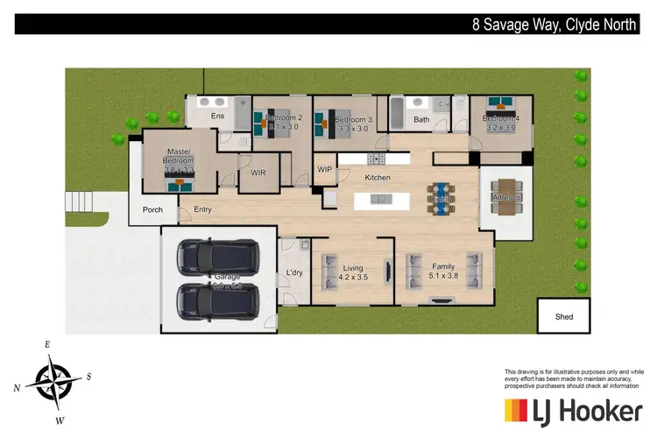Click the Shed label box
point(565,315)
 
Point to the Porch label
point(152,209)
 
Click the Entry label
point(202,209)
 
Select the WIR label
point(258,173)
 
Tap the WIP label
point(324,169)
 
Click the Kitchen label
point(378,178)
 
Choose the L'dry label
point(294,274)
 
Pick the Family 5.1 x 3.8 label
point(438,271)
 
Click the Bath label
point(421,119)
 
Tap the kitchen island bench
point(383,200)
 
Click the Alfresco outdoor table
point(505,192)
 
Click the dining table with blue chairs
point(441,194)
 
